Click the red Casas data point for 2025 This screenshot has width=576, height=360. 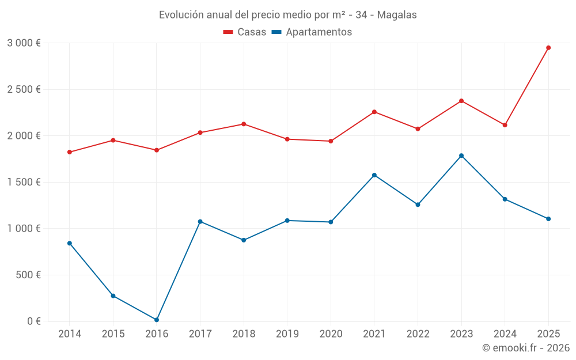[x=548, y=48]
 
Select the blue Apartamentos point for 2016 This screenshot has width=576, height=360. [x=157, y=320]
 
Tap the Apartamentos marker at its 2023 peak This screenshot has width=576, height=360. [x=461, y=156]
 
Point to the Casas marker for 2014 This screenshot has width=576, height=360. [x=70, y=152]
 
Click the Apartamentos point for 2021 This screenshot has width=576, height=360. [x=374, y=175]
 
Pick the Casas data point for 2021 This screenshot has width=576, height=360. [x=374, y=112]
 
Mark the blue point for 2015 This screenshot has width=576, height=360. [x=113, y=296]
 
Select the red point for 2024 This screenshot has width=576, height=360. [x=505, y=125]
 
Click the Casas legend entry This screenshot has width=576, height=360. [x=245, y=32]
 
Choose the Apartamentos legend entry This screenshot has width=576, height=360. [x=312, y=32]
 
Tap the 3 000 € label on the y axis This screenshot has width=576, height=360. [x=24, y=43]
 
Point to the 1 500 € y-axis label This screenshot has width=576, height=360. [x=24, y=182]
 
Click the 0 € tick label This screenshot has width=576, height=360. [x=32, y=321]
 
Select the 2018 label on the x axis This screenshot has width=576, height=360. [x=244, y=334]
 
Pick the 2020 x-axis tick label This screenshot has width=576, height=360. [x=331, y=334]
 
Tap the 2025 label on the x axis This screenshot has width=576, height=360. [x=548, y=334]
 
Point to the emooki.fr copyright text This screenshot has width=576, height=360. [x=525, y=348]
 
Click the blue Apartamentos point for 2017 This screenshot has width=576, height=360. [x=200, y=222]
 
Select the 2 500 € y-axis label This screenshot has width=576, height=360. [x=24, y=90]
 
